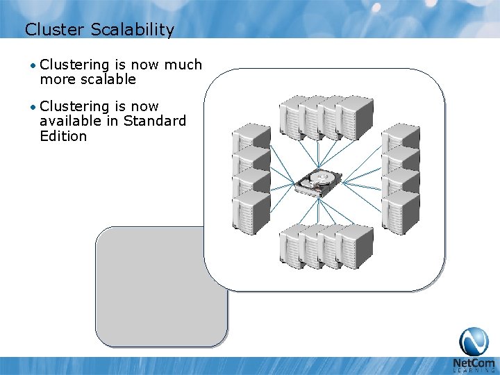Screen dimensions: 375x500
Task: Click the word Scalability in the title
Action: [135, 30]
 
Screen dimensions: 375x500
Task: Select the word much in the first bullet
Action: [183, 65]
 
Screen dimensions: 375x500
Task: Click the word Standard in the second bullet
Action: [155, 121]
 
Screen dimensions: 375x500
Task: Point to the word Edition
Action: [63, 136]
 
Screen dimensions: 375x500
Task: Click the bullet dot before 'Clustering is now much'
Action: [33, 65]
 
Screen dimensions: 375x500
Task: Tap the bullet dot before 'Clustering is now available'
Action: [33, 107]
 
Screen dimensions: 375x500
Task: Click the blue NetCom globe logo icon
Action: [474, 341]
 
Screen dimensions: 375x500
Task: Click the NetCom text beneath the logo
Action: [473, 363]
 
